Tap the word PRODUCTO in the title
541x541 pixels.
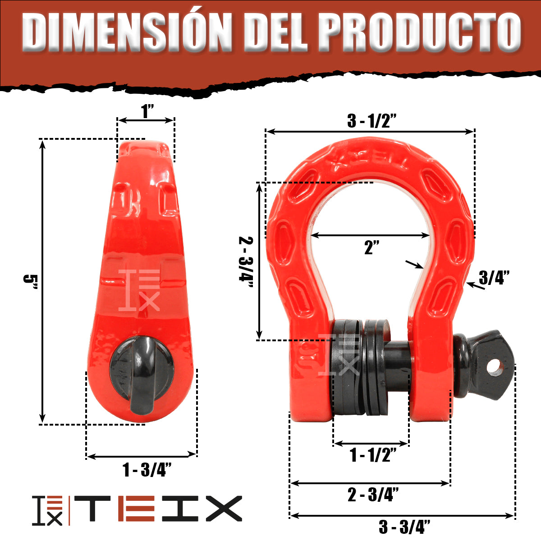(x=421, y=32)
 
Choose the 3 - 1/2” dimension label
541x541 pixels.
(x=371, y=121)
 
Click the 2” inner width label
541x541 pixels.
(x=371, y=248)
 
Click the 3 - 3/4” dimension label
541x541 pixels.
(x=404, y=527)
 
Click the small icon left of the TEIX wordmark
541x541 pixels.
(x=47, y=510)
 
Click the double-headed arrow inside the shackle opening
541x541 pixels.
(x=370, y=235)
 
